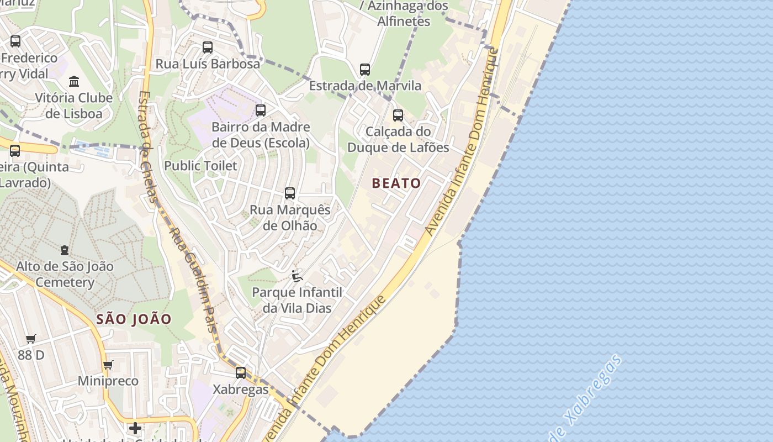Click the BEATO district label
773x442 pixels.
point(396,183)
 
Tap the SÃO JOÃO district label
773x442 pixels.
point(134,319)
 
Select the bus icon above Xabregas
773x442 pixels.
point(241,373)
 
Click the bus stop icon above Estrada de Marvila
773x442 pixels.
point(365,70)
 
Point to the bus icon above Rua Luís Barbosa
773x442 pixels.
point(208,48)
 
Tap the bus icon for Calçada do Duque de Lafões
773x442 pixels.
point(398,115)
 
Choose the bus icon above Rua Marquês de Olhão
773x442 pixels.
point(290,193)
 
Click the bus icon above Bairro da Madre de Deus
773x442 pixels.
point(261,110)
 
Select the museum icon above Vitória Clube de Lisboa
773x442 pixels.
point(74,82)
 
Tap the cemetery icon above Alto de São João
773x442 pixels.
point(65,250)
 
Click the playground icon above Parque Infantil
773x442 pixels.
point(297,276)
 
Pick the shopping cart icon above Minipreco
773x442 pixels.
point(108,365)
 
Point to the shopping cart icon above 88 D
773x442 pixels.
point(31,339)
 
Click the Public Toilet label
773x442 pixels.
point(200,166)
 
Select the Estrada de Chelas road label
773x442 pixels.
point(147,146)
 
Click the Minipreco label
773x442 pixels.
point(108,381)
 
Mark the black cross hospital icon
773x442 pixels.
point(135,428)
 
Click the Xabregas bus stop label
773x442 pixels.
point(241,390)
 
